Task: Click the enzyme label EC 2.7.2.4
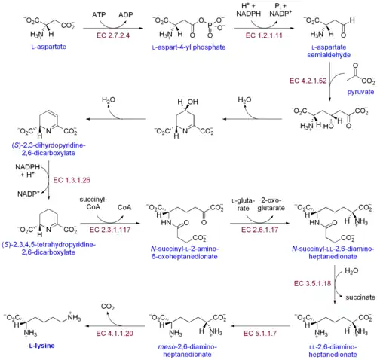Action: click(113, 35)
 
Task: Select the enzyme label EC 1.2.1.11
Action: click(264, 35)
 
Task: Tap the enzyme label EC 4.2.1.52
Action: click(308, 81)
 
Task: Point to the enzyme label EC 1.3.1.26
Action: click(72, 180)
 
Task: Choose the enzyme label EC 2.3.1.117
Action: click(110, 230)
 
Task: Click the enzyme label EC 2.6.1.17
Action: click(259, 230)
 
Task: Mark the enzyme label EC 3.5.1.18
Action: click(312, 283)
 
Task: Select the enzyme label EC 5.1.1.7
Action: click(260, 334)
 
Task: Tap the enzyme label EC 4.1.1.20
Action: click(115, 334)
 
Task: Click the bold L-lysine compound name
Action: click(42, 346)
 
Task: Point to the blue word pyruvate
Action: click(360, 92)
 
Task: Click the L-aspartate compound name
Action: click(49, 47)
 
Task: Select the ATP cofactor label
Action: click(99, 15)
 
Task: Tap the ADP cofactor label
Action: click(126, 15)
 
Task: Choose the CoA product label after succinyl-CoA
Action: click(124, 207)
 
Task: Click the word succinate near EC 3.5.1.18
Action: click(360, 297)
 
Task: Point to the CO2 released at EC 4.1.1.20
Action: click(108, 307)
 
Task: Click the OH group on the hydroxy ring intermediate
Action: click(193, 102)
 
